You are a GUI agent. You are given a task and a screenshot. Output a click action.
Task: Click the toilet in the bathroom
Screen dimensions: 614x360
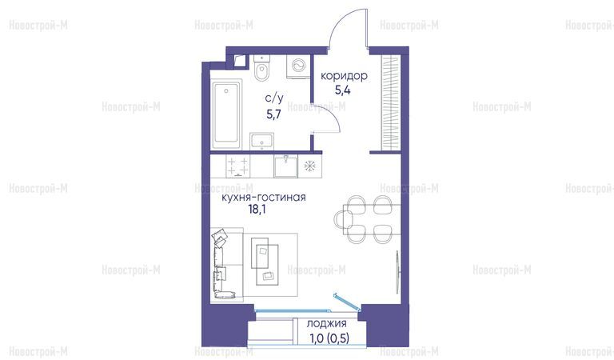click(x=261, y=69)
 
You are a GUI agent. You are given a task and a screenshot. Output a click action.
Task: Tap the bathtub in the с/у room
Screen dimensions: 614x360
click(x=226, y=114)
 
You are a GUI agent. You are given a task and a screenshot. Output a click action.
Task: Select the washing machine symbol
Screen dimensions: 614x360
click(x=298, y=65)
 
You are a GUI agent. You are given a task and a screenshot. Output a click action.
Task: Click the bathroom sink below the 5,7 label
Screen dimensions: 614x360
click(x=261, y=141)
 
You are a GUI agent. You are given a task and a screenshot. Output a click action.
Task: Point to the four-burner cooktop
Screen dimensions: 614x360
click(x=237, y=166)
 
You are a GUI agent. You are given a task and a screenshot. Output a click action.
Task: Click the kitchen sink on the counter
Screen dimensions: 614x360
click(x=285, y=166)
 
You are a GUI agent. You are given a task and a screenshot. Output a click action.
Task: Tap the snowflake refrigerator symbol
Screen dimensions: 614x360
click(x=309, y=166)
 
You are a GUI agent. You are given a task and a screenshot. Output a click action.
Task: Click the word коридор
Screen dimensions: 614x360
click(x=345, y=76)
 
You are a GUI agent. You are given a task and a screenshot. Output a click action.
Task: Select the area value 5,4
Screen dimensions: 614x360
click(x=343, y=91)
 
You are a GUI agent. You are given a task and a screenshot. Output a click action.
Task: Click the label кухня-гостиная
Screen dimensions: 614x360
click(x=264, y=197)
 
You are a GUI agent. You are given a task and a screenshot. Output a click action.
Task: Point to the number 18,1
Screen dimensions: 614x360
click(x=257, y=210)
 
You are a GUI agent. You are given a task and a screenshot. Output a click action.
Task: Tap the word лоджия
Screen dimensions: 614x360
click(x=326, y=324)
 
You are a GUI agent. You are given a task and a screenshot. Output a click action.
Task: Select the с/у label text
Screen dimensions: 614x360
click(x=273, y=98)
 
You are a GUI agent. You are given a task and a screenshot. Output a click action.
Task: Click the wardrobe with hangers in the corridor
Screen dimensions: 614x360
click(x=390, y=103)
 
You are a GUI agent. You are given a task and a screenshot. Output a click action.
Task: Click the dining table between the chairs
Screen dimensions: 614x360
click(x=372, y=219)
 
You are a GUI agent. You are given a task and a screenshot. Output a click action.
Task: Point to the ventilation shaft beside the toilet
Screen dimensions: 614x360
click(x=239, y=62)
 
